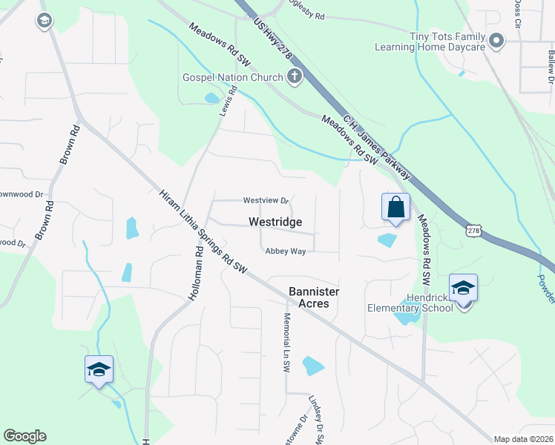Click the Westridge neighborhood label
(275, 222)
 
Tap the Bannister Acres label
(309, 297)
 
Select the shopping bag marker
(395, 207)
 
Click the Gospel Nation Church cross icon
(295, 76)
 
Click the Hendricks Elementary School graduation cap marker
(463, 288)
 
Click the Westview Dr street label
(265, 201)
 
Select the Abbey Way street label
(286, 251)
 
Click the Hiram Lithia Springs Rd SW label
(203, 231)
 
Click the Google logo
(24, 436)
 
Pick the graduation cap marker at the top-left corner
(44, 21)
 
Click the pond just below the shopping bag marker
(387, 240)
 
